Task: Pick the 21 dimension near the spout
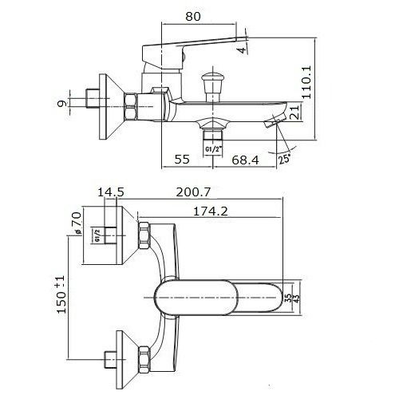pos(294,112)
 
